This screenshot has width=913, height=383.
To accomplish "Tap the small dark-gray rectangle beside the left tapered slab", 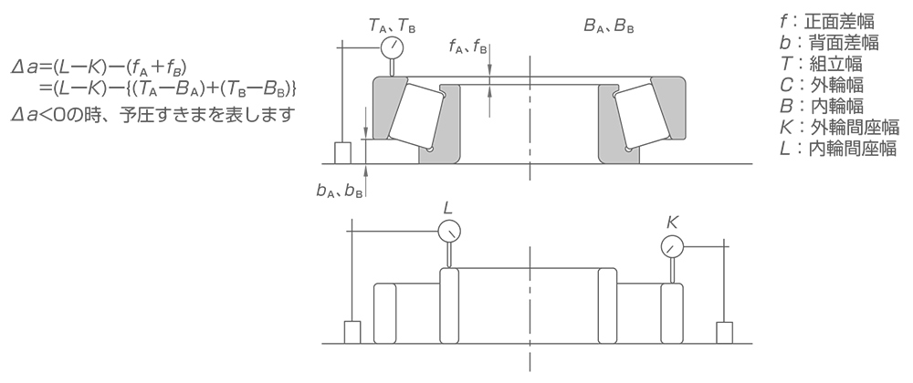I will [362, 119].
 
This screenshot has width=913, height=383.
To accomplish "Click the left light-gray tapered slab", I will [391, 108].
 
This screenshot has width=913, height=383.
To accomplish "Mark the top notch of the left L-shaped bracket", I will [445, 91].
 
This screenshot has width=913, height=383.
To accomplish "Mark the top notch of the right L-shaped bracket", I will [614, 91].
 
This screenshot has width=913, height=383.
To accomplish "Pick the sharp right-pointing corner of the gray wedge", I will [396, 197].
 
